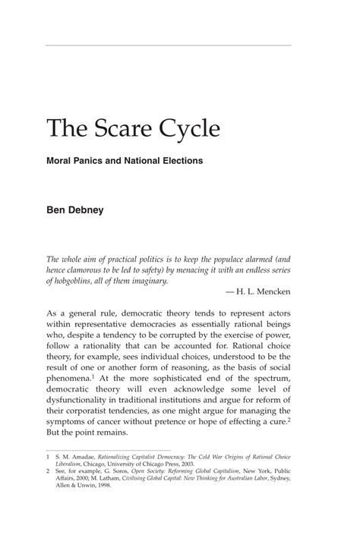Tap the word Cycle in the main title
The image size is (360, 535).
click(x=185, y=129)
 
